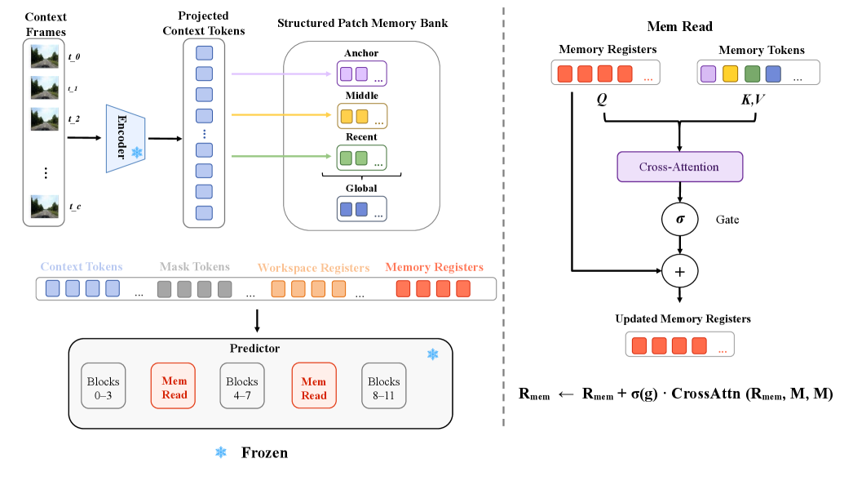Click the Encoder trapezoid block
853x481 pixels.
[126, 138]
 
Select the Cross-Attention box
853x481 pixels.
[679, 167]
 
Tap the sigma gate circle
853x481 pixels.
[679, 220]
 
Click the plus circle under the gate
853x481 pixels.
[679, 271]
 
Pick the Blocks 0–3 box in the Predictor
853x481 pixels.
[104, 385]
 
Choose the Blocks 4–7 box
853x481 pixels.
[242, 385]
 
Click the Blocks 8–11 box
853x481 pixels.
[384, 385]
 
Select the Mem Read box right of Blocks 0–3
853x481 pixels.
[173, 385]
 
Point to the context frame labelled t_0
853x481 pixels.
[45, 56]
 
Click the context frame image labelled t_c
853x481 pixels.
[45, 207]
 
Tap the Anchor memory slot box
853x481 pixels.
[362, 73]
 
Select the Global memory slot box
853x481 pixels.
[362, 209]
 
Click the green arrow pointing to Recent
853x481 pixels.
[281, 156]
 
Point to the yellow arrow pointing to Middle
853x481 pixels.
[281, 115]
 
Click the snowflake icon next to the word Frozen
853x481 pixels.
[220, 452]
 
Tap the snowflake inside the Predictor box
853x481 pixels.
[432, 354]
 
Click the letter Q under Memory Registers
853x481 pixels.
[602, 100]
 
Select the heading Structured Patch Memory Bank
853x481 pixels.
[363, 24]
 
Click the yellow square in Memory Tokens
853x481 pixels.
[730, 73]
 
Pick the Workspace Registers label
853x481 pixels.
[313, 268]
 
